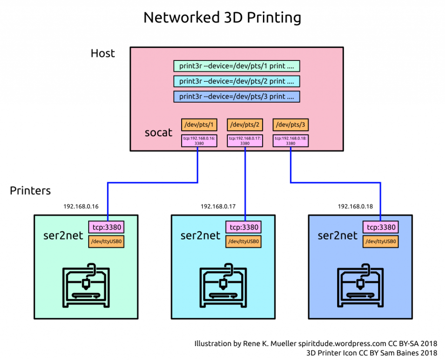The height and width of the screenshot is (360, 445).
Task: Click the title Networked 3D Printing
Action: tap(222, 18)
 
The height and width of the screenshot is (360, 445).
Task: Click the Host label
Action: tap(103, 53)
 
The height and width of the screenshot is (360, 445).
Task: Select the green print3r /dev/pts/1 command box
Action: tap(237, 66)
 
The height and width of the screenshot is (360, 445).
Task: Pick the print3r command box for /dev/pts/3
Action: tap(237, 97)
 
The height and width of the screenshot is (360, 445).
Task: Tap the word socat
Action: tap(158, 133)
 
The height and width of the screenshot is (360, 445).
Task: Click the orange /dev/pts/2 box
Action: tap(245, 125)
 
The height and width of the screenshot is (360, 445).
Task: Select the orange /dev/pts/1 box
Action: tap(199, 125)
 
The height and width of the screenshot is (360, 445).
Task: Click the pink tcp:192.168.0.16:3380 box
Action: tap(199, 141)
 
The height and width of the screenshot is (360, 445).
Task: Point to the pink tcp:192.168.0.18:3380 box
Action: tap(291, 141)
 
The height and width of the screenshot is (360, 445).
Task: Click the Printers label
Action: tap(30, 191)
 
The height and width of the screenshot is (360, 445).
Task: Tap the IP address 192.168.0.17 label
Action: tap(218, 207)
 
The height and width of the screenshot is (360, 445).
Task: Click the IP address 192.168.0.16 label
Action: tap(81, 207)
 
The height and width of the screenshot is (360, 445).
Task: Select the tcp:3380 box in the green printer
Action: tap(106, 227)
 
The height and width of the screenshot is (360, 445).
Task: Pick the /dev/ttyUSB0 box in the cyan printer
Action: tap(244, 242)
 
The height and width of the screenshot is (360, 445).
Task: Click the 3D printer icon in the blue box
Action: tap(360, 283)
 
